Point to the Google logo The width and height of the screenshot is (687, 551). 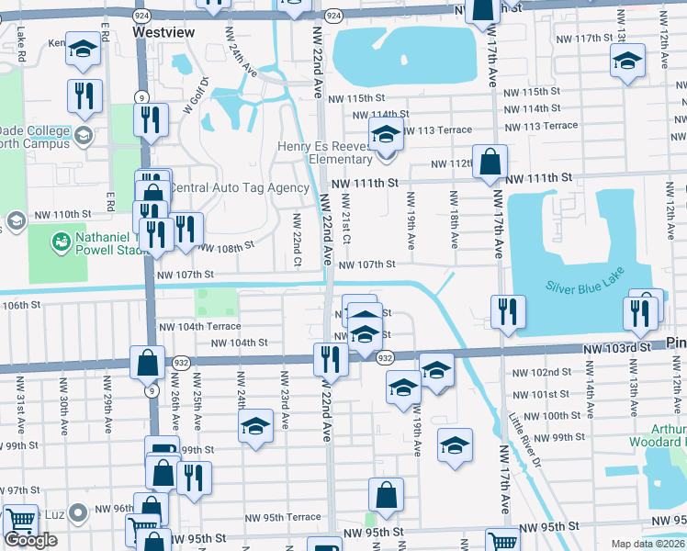click(30, 539)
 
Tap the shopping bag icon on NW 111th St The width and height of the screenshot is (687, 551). click(490, 162)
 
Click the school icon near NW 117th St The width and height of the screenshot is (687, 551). click(627, 62)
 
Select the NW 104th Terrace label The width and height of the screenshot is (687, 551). click(199, 327)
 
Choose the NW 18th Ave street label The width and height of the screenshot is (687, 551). click(454, 219)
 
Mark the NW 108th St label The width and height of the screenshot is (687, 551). click(224, 248)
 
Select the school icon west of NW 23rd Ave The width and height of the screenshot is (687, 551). click(256, 426)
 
